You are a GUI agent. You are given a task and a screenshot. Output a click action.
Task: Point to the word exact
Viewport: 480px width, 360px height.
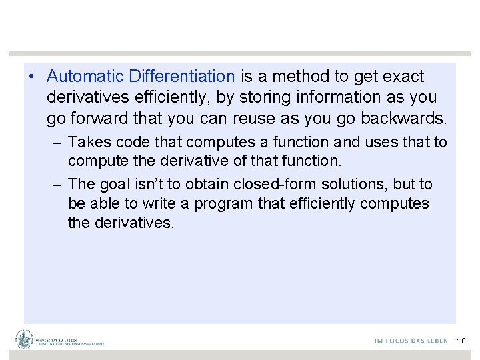click(405, 77)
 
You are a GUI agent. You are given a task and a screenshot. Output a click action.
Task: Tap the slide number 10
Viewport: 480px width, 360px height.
click(461, 341)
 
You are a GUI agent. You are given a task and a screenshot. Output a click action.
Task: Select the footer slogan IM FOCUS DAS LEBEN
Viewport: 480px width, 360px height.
click(411, 341)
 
